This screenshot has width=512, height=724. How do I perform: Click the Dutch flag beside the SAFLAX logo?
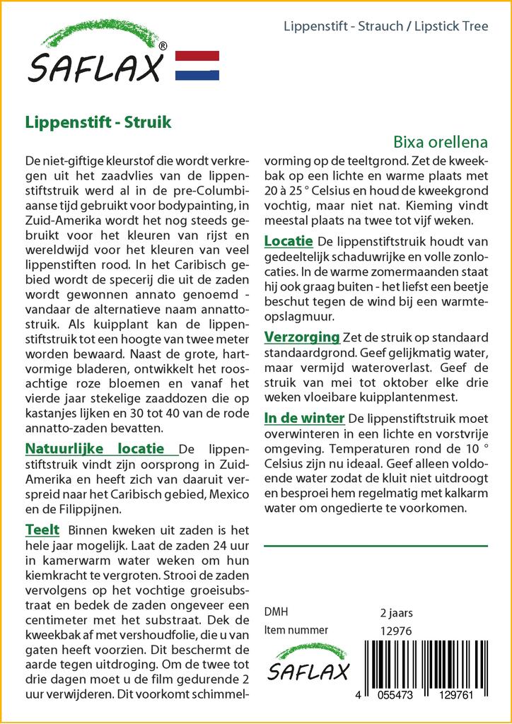(197, 65)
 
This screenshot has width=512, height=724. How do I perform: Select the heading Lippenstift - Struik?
(98, 121)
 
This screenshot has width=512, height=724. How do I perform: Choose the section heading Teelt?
(42, 530)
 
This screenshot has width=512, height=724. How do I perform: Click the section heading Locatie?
(289, 241)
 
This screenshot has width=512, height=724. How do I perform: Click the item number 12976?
(396, 630)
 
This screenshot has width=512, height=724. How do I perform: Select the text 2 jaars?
(396, 612)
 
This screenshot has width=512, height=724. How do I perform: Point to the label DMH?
(276, 612)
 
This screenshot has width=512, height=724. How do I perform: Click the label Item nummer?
(296, 630)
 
